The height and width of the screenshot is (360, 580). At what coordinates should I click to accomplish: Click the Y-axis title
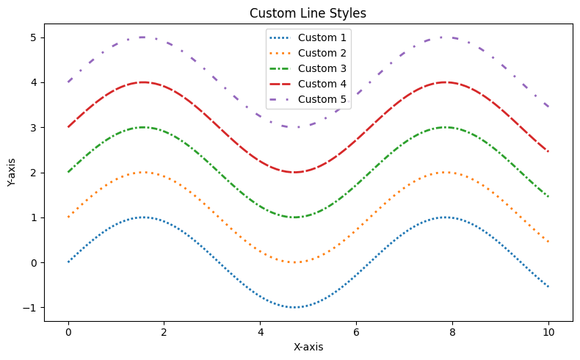pos(12,173)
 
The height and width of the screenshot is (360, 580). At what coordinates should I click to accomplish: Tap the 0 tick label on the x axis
pos(68,331)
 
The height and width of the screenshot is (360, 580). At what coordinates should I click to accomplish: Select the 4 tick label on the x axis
pos(260,331)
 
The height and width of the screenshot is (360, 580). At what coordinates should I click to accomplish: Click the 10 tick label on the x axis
pos(548,331)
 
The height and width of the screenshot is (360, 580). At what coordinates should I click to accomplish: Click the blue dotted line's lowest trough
pos(294,307)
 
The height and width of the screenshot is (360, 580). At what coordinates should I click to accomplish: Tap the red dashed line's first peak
pos(143,82)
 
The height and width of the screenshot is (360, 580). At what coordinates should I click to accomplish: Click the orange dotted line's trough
pos(294,262)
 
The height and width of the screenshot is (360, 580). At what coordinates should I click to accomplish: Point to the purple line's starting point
pos(68,82)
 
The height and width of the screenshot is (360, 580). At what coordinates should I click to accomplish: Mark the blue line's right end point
pos(548,287)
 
